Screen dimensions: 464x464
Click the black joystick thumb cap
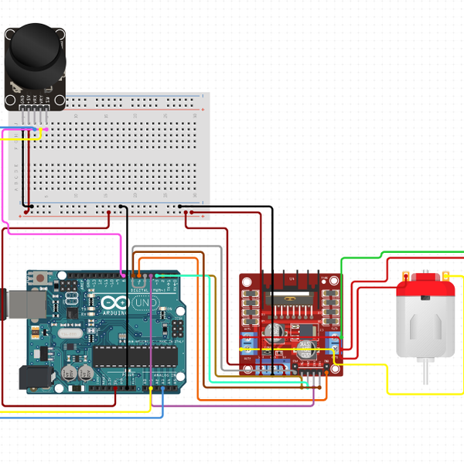click(35, 48)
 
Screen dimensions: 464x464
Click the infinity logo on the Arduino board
click(111, 303)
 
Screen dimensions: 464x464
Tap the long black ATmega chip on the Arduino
click(135, 355)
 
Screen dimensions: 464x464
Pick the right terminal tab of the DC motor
click(446, 276)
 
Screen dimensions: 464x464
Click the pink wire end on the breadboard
click(46, 130)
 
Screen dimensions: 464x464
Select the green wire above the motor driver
click(363, 258)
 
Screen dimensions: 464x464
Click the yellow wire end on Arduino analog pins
click(145, 386)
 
